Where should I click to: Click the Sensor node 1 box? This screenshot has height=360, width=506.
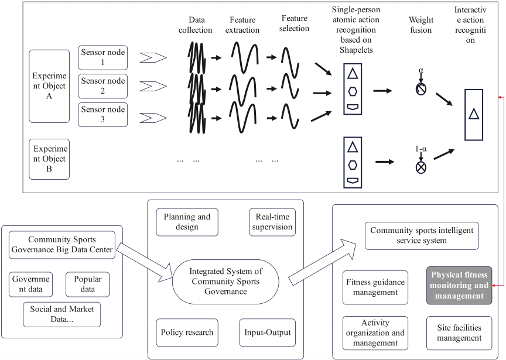[x=102, y=57]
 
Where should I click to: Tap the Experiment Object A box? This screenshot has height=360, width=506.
[x=49, y=86]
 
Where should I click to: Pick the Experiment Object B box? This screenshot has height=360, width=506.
[x=49, y=159]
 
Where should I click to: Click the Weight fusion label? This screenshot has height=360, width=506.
[x=420, y=25]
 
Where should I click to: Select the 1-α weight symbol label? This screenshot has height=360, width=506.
[x=420, y=150]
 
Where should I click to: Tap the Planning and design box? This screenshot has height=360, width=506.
[x=187, y=222]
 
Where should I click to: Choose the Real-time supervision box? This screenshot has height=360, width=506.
[x=271, y=221]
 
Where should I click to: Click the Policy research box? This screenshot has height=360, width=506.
[x=187, y=332]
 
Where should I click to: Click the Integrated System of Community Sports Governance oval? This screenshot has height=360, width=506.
[x=226, y=280]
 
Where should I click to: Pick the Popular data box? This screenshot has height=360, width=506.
[x=87, y=284]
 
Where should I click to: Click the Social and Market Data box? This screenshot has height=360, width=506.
[x=62, y=314]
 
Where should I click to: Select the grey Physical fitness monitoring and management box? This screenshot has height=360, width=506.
[x=459, y=285]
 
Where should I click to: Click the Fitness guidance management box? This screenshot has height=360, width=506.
[x=375, y=287]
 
